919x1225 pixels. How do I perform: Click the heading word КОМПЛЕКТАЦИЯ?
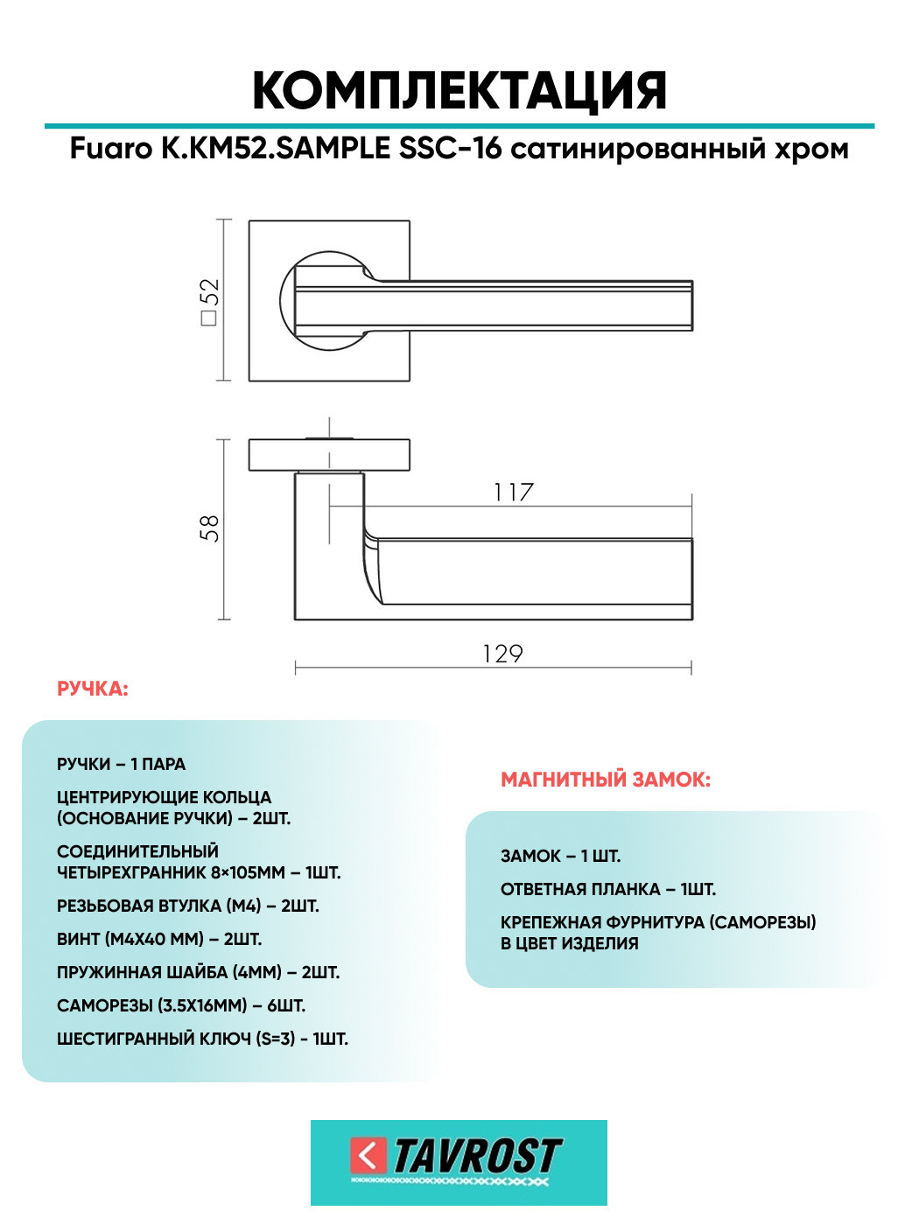459,91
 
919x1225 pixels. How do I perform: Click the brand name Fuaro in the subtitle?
111,149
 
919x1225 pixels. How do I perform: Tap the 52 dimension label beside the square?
209,301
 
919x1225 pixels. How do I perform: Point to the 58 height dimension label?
209,528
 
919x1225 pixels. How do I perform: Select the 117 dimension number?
513,493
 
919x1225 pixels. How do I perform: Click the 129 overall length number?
502,654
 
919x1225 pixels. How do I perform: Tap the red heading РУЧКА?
93,689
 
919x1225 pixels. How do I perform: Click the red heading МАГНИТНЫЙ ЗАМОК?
606,780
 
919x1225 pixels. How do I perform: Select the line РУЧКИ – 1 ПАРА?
121,765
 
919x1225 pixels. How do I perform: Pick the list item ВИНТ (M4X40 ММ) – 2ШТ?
159,940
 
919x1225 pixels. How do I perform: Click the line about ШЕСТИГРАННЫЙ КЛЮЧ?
202,1039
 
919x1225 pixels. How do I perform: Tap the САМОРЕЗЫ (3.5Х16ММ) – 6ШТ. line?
181,1006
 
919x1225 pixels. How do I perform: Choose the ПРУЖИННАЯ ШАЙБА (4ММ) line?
198,973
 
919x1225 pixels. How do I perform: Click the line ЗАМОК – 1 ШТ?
560,857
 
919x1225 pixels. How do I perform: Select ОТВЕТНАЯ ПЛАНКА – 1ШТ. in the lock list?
608,890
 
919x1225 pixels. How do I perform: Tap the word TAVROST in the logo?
477,1157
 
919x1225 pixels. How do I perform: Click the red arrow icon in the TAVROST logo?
368,1155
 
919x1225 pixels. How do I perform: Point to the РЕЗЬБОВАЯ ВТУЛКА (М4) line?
188,906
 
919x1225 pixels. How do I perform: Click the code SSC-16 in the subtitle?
450,149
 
